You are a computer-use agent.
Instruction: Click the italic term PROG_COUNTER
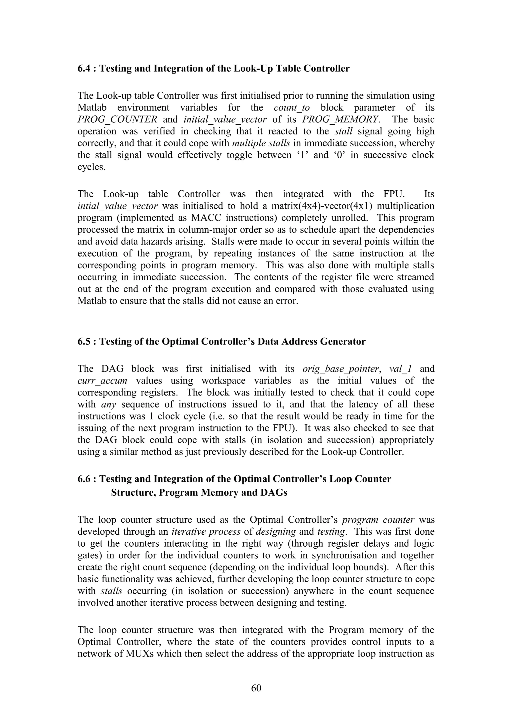coord(117,119)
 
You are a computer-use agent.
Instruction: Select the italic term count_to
coord(291,107)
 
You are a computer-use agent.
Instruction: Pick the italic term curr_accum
coord(102,380)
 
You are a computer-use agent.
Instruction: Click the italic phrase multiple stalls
coord(261,143)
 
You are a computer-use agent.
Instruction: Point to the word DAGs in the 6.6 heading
coord(273,492)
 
